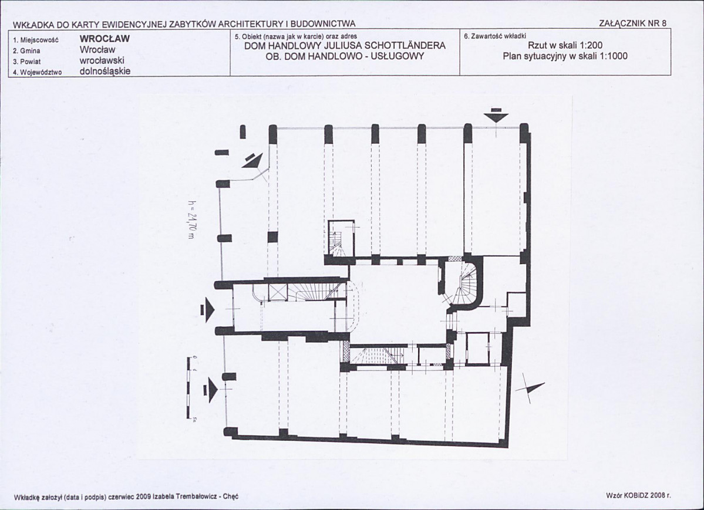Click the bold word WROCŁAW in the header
coord(105,39)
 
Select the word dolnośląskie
coord(105,71)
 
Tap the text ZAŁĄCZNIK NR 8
coord(633,24)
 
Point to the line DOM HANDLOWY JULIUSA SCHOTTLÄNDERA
coord(345,46)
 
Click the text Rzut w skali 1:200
coord(565,45)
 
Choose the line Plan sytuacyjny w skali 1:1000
coord(565,56)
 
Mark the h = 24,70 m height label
coord(192,219)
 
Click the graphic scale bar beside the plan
coord(188,387)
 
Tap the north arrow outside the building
coord(530,390)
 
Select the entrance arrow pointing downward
coord(496,116)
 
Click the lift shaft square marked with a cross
coord(277,292)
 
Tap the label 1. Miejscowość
coord(36,40)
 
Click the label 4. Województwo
coord(37,72)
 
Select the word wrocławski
coord(102,60)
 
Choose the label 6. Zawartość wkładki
coord(495,36)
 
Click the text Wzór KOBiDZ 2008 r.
coord(638,496)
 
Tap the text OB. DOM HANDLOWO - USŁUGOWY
coord(345,56)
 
